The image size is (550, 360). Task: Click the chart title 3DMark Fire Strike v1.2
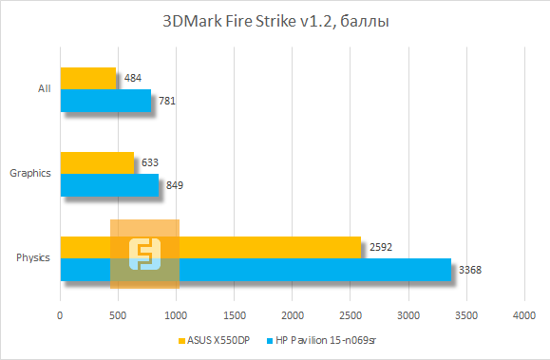[x=275, y=21]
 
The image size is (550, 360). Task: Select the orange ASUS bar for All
[x=88, y=78]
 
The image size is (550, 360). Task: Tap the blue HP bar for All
[x=105, y=100]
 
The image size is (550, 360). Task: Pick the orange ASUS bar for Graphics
[x=97, y=162]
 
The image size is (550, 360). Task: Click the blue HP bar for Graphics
[x=109, y=184]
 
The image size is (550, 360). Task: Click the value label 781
[x=168, y=101]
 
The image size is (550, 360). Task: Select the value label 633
[x=150, y=162]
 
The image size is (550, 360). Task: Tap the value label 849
[x=175, y=185]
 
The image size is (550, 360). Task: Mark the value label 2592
[x=380, y=248]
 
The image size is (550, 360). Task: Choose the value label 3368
[x=470, y=271]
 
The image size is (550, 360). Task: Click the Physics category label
[x=33, y=258]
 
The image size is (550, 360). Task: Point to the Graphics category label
[x=29, y=174]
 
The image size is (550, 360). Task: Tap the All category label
[x=44, y=89]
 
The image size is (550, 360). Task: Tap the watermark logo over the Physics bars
[x=144, y=254]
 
